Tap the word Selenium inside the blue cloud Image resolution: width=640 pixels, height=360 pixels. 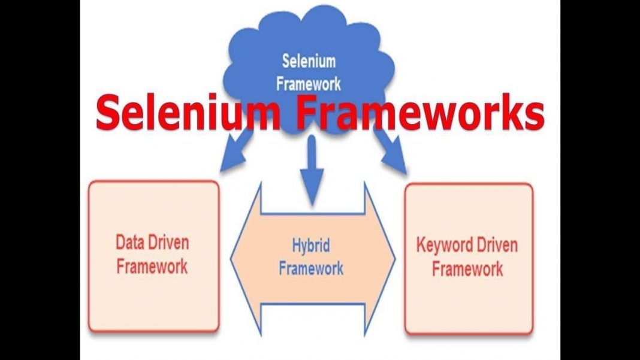click(x=309, y=61)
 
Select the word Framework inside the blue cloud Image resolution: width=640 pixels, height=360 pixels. click(x=309, y=83)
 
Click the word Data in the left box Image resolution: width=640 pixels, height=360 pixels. click(x=130, y=243)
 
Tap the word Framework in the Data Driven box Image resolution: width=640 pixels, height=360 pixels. click(x=152, y=266)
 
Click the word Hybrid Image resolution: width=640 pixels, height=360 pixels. click(x=311, y=246)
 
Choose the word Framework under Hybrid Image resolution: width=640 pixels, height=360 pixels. click(x=311, y=268)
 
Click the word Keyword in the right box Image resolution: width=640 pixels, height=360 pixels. click(x=445, y=245)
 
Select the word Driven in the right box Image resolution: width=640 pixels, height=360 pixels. click(x=497, y=245)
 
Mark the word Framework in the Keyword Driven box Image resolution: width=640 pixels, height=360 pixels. click(x=467, y=269)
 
